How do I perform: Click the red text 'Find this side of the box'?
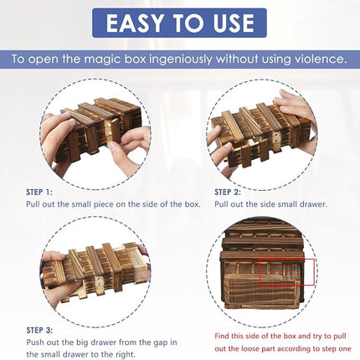pyautogui.click(x=265, y=334)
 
